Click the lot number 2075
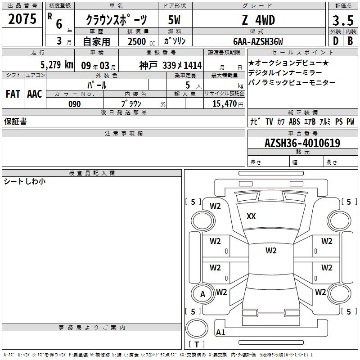[x=22, y=19]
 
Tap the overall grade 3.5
[x=343, y=20]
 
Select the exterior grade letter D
[x=336, y=41]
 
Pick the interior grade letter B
[x=350, y=41]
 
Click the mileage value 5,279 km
[x=57, y=65]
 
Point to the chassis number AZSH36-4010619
[x=302, y=143]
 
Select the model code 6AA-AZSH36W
[x=258, y=41]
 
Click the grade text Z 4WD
[x=258, y=20]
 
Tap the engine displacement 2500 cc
[x=141, y=41]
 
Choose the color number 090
[x=75, y=104]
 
